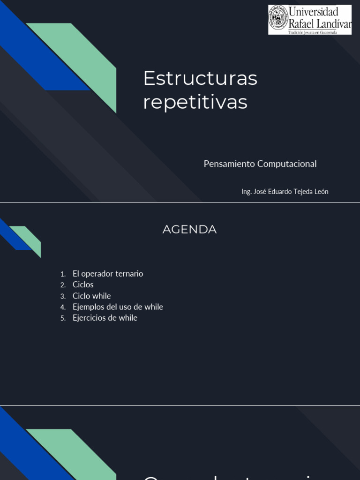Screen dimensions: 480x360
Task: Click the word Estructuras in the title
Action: [x=200, y=78]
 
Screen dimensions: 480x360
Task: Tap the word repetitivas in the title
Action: [x=195, y=102]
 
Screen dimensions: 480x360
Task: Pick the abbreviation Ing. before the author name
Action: [x=246, y=191]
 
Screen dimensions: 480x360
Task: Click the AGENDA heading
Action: [x=189, y=230]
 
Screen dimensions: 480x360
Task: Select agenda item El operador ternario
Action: [x=108, y=274]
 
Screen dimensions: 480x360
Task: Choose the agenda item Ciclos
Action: [x=83, y=285]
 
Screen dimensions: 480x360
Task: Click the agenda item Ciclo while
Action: [x=92, y=296]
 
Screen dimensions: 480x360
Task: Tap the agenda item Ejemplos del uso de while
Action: [x=118, y=307]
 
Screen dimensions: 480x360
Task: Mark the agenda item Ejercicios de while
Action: [x=105, y=318]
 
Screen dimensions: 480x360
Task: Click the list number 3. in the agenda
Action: [x=63, y=296]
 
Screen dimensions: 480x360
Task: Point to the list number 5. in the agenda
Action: [x=63, y=318]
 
